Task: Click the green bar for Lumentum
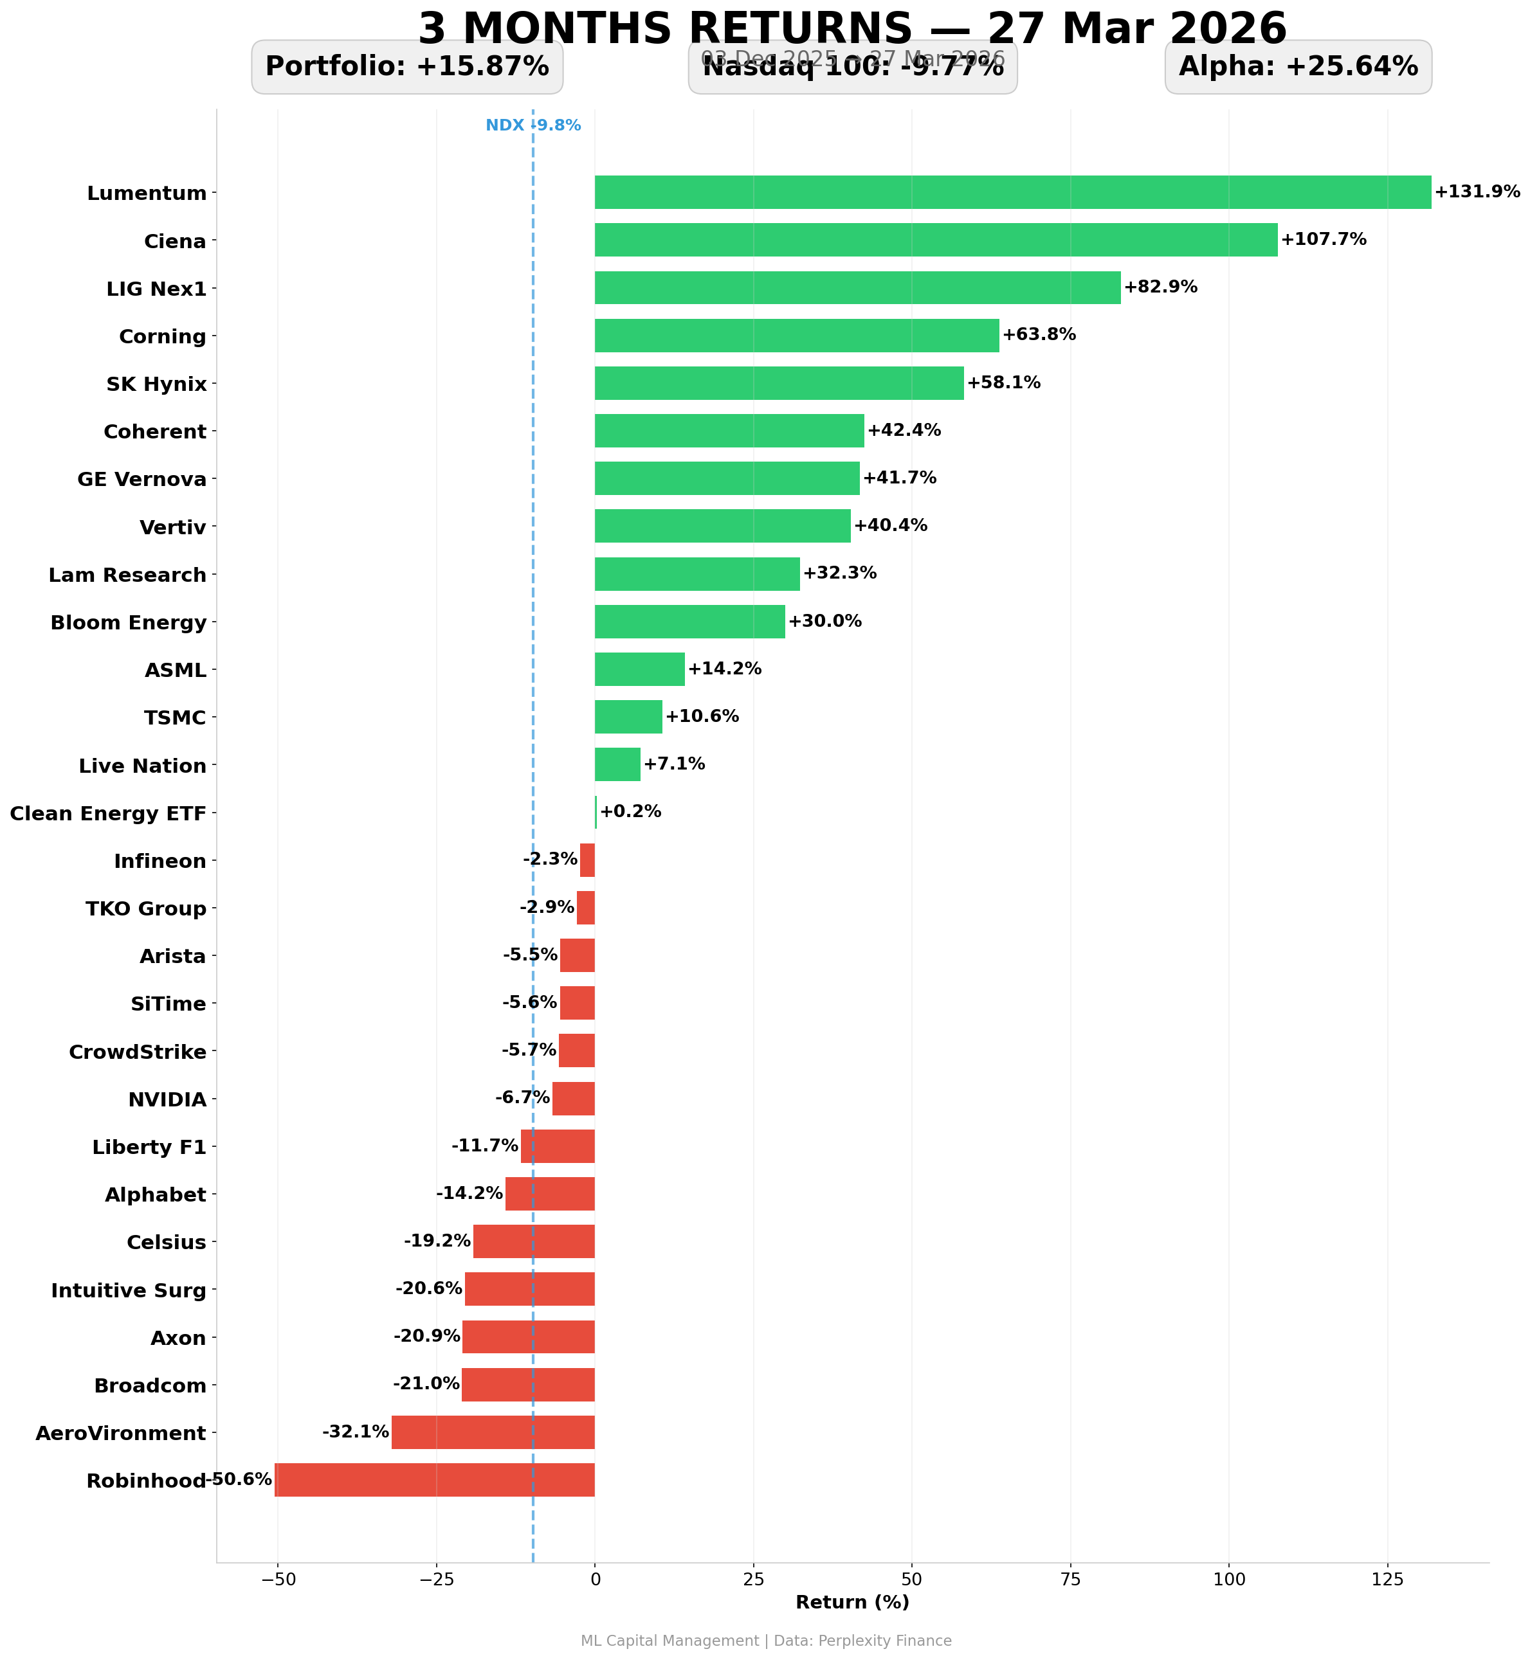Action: (1012, 192)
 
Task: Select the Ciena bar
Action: (936, 240)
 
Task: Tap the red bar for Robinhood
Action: (435, 1480)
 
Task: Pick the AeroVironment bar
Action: (493, 1432)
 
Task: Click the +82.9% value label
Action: (1160, 287)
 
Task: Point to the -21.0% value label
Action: (426, 1384)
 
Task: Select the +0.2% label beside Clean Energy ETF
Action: (630, 811)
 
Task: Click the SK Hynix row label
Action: (156, 384)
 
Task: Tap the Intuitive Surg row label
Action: (129, 1290)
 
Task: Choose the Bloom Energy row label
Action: (129, 622)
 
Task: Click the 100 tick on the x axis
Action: (1228, 1580)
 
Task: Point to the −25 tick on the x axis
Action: (435, 1580)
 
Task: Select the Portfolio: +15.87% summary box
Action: (406, 67)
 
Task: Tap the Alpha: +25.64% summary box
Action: (1297, 67)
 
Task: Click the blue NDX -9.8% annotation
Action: (533, 126)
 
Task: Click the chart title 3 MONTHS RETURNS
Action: (852, 28)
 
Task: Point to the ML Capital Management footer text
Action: (766, 1641)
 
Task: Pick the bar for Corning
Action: (796, 335)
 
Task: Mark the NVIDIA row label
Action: (167, 1100)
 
